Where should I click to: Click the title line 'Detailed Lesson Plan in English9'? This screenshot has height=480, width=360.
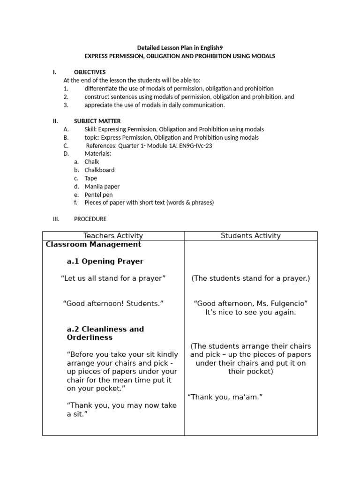180,48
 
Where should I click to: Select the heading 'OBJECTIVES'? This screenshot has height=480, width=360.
90,72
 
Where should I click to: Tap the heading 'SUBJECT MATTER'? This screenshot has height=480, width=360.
97,121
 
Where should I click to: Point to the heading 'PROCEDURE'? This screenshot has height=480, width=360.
90,219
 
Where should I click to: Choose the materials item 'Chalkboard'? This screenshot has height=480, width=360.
99,170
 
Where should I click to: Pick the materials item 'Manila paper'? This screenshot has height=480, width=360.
102,186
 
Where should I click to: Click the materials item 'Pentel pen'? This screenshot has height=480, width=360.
98,195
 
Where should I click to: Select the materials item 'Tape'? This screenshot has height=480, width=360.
91,178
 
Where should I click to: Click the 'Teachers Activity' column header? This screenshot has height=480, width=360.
113,236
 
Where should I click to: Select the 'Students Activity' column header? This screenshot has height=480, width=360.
250,236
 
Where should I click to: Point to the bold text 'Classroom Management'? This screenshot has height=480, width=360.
93,245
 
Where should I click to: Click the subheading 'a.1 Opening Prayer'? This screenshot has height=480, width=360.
105,261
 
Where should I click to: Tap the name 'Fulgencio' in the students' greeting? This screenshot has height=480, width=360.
290,303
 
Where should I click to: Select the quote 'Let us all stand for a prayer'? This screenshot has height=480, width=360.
113,278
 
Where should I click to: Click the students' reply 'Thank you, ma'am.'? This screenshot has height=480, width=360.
225,397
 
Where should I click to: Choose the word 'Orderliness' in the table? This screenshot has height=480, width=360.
90,337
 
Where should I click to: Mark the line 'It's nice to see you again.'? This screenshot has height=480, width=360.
250,312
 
